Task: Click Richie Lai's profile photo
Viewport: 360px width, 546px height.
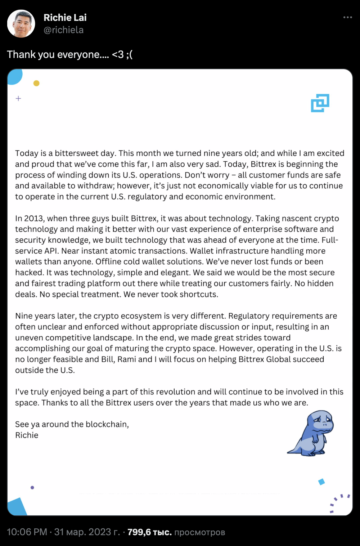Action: click(x=21, y=24)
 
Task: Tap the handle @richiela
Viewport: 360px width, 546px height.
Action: click(x=63, y=30)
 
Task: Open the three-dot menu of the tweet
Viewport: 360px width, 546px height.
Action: click(x=347, y=17)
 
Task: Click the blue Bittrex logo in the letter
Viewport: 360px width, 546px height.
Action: click(x=320, y=103)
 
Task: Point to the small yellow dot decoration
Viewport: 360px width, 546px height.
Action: click(x=36, y=83)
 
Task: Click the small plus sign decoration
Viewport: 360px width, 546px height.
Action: click(x=18, y=98)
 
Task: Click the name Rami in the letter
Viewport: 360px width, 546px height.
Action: click(x=127, y=359)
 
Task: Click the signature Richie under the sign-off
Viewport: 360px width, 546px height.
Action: click(x=27, y=435)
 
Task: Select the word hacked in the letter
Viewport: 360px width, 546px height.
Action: click(x=29, y=273)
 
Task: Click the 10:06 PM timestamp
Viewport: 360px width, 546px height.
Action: click(x=27, y=532)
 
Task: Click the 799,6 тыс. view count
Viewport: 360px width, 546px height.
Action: click(x=149, y=532)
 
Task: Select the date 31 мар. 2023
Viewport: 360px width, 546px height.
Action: click(x=86, y=532)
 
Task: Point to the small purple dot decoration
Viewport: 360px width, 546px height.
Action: click(x=32, y=488)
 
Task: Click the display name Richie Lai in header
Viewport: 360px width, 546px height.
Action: click(x=65, y=18)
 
